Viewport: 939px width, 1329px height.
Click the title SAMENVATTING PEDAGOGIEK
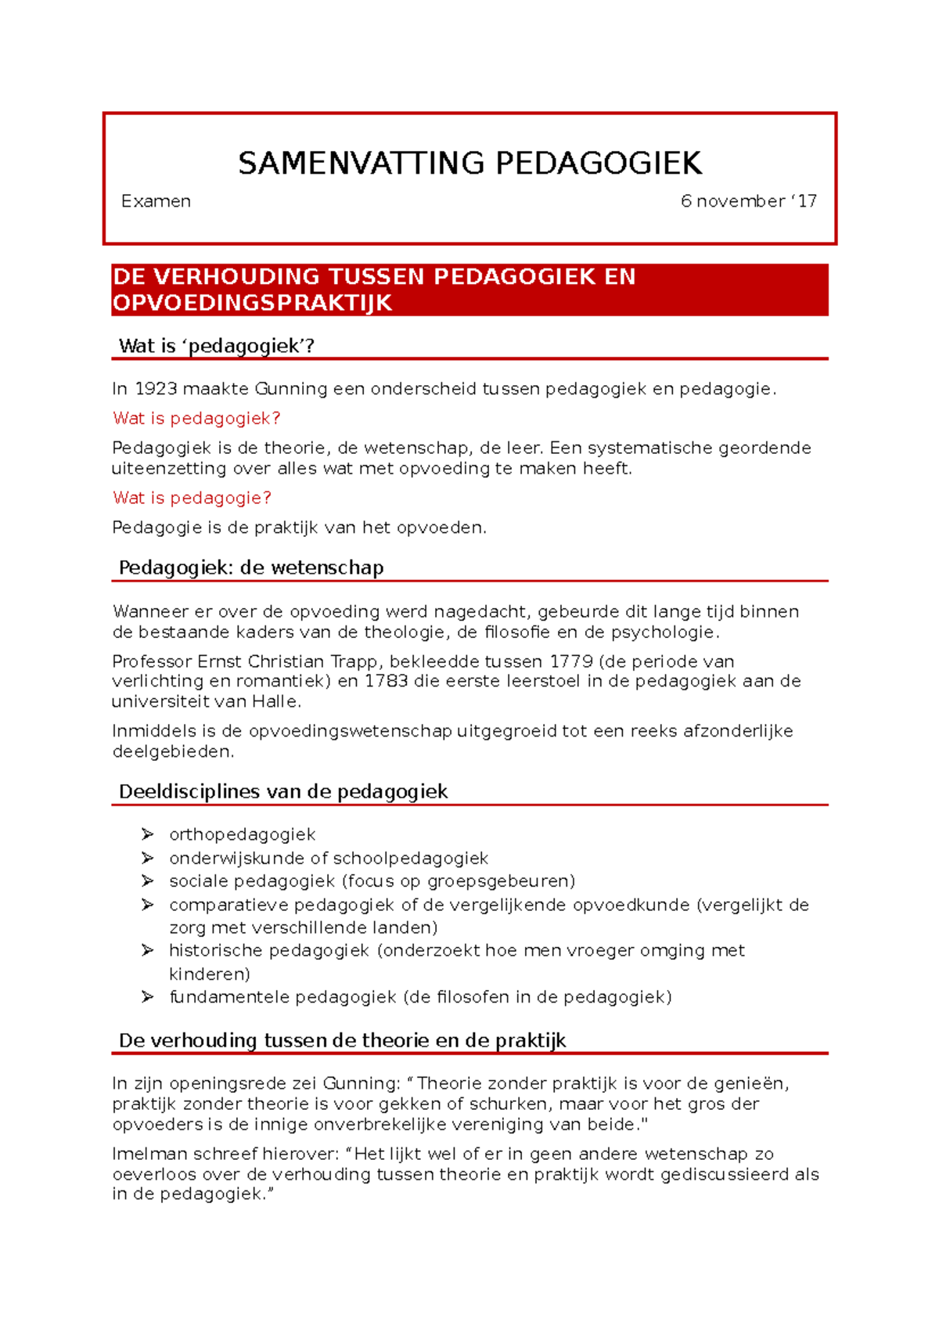click(x=469, y=164)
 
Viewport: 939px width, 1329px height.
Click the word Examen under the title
click(x=156, y=201)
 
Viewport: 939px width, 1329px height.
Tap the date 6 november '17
click(x=748, y=201)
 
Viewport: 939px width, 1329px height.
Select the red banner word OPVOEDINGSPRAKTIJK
click(x=252, y=303)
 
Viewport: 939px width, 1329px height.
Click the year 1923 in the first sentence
click(x=156, y=389)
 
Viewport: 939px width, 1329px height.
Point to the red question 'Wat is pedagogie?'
click(x=192, y=498)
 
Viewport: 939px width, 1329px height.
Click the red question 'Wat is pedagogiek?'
click(x=196, y=418)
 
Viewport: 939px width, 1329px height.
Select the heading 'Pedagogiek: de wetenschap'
click(x=250, y=567)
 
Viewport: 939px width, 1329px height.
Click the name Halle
click(x=275, y=701)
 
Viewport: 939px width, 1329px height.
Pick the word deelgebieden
click(x=172, y=751)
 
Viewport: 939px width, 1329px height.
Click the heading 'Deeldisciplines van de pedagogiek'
click(x=282, y=791)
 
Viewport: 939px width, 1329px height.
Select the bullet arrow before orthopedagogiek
click(x=147, y=834)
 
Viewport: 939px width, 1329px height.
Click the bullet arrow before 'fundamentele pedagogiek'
click(x=147, y=997)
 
